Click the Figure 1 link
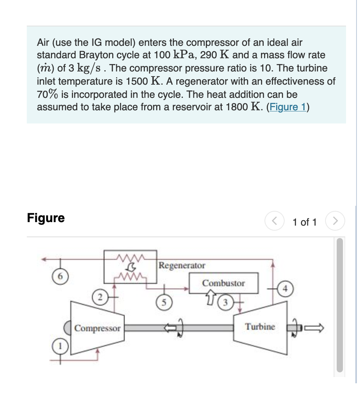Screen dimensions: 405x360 288,107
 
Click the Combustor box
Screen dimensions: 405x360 223,283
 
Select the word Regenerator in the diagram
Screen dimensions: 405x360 182,266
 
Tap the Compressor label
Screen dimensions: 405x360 97,329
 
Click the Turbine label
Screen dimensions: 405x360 260,327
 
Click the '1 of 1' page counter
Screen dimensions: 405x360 304,222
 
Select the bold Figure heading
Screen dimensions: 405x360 46,218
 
